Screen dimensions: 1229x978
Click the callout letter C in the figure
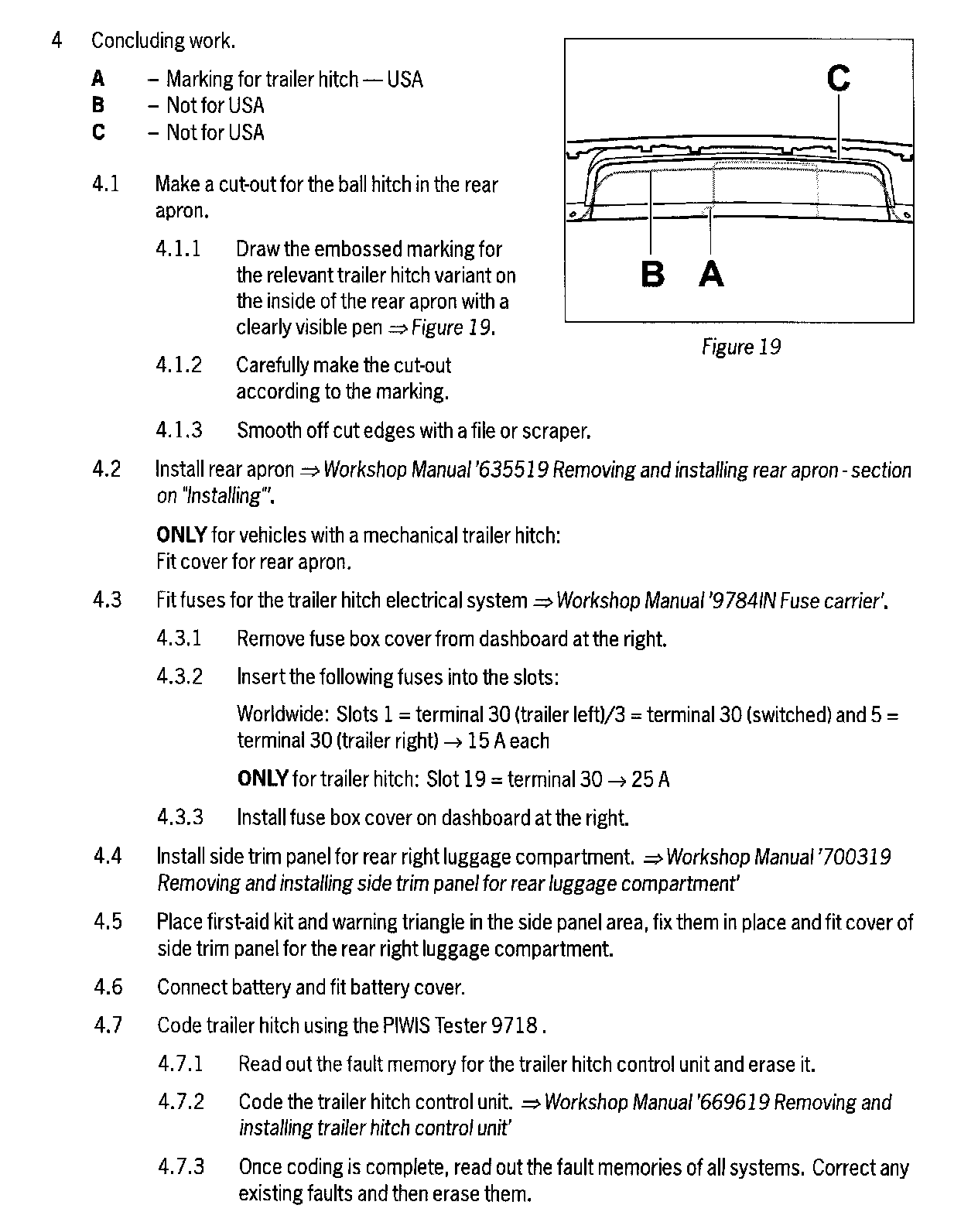(x=839, y=78)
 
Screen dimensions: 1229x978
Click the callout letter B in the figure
(x=653, y=274)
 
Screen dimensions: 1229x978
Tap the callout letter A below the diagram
(x=711, y=274)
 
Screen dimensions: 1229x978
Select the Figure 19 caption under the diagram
(x=740, y=347)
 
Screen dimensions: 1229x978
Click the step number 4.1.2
(x=179, y=365)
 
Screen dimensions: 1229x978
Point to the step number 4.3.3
(x=180, y=817)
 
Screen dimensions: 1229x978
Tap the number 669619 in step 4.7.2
(x=735, y=1102)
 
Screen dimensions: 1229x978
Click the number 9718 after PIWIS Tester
(x=514, y=1025)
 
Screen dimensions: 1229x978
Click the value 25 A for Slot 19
(x=650, y=779)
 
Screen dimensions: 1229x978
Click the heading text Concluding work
(x=163, y=40)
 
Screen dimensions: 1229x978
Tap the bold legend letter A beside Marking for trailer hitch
(x=98, y=79)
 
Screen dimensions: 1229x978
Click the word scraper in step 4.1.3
(x=556, y=430)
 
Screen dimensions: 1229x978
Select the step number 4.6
(x=108, y=987)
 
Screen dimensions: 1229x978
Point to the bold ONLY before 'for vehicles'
(x=181, y=535)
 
